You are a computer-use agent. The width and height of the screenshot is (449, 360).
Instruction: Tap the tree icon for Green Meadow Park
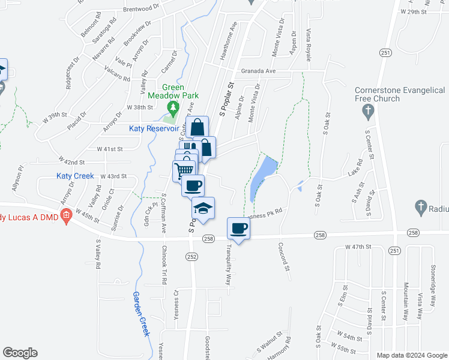[x=173, y=108]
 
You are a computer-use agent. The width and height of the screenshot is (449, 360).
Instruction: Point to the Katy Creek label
[x=75, y=176]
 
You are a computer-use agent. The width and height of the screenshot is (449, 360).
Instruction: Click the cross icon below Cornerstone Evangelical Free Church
[x=369, y=111]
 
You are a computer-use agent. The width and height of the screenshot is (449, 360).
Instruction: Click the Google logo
[x=20, y=353]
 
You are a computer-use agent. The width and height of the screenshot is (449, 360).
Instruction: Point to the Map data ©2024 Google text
[x=411, y=355]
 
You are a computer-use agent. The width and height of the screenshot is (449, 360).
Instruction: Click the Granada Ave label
[x=258, y=71]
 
